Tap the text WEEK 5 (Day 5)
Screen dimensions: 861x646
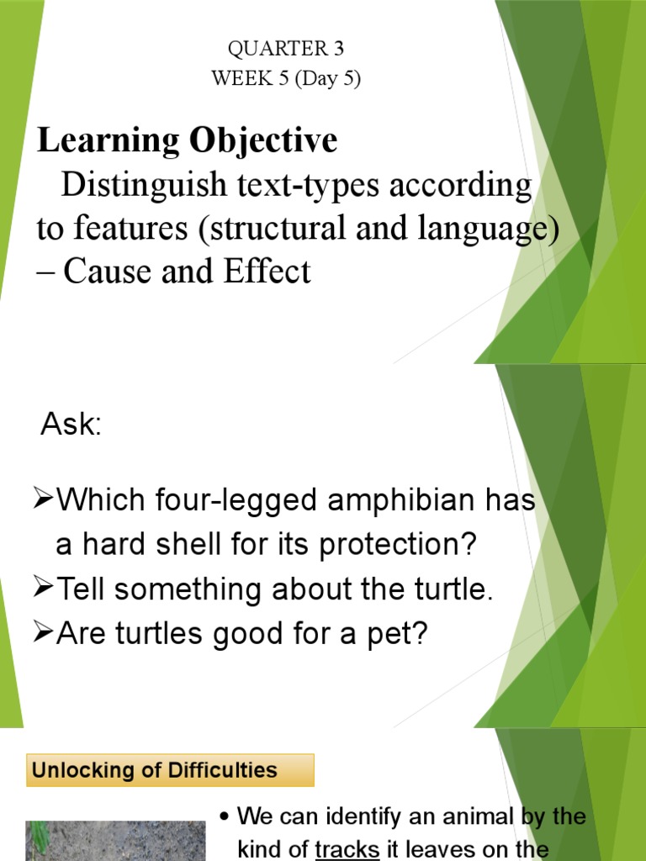(x=286, y=79)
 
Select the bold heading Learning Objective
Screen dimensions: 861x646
(x=187, y=140)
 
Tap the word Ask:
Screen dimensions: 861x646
(x=71, y=425)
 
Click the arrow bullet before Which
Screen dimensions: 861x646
(x=43, y=502)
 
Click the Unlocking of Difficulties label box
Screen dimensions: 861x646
(x=170, y=769)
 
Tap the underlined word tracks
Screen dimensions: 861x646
(x=347, y=849)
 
